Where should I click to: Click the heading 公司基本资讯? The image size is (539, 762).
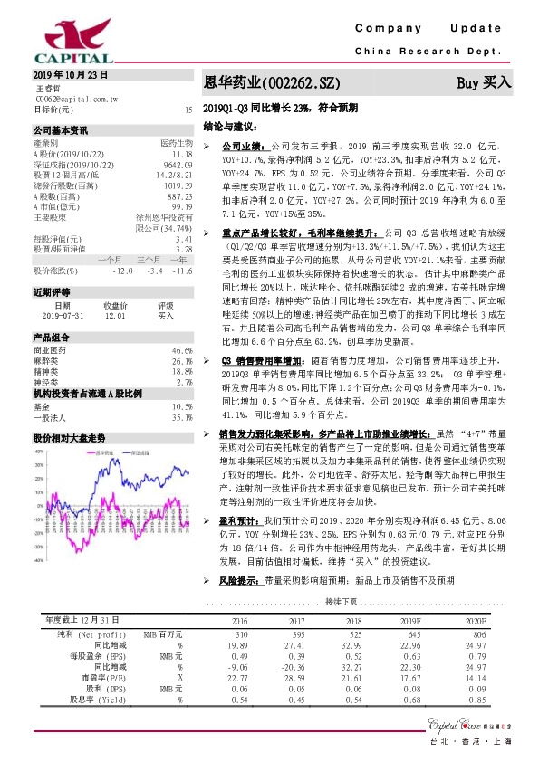coord(61,129)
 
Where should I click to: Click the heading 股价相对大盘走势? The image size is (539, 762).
coord(70,437)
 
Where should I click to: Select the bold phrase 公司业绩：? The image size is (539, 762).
coord(242,145)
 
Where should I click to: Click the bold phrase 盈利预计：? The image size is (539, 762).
coord(239,522)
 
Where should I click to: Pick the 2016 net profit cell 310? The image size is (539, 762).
coord(240,634)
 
